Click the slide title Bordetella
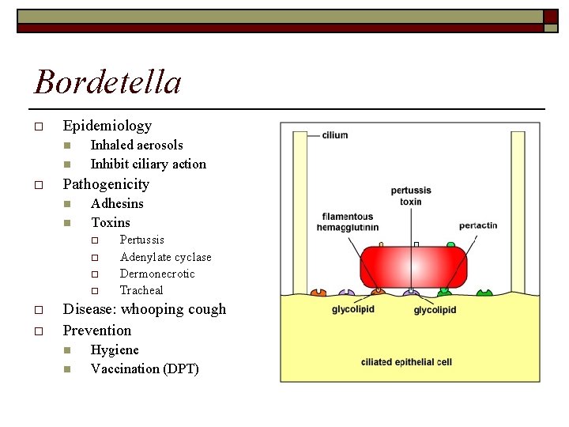pos(107,82)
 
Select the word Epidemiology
pos(107,126)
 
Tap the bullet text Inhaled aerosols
pos(137,145)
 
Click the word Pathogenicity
pos(106,184)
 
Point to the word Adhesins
pos(117,204)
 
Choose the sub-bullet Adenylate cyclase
pos(165,257)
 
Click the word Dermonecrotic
pos(157,274)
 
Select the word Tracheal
pos(141,291)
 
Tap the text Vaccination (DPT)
pos(145,369)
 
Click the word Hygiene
pos(115,350)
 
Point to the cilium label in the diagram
pos(334,135)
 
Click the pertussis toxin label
pos(411,196)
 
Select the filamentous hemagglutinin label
pos(347,221)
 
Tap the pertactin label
pos(478,225)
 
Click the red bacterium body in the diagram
pos(412,266)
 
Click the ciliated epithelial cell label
pos(406,362)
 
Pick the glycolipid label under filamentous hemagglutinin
pos(353,309)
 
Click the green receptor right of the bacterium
pos(484,293)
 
